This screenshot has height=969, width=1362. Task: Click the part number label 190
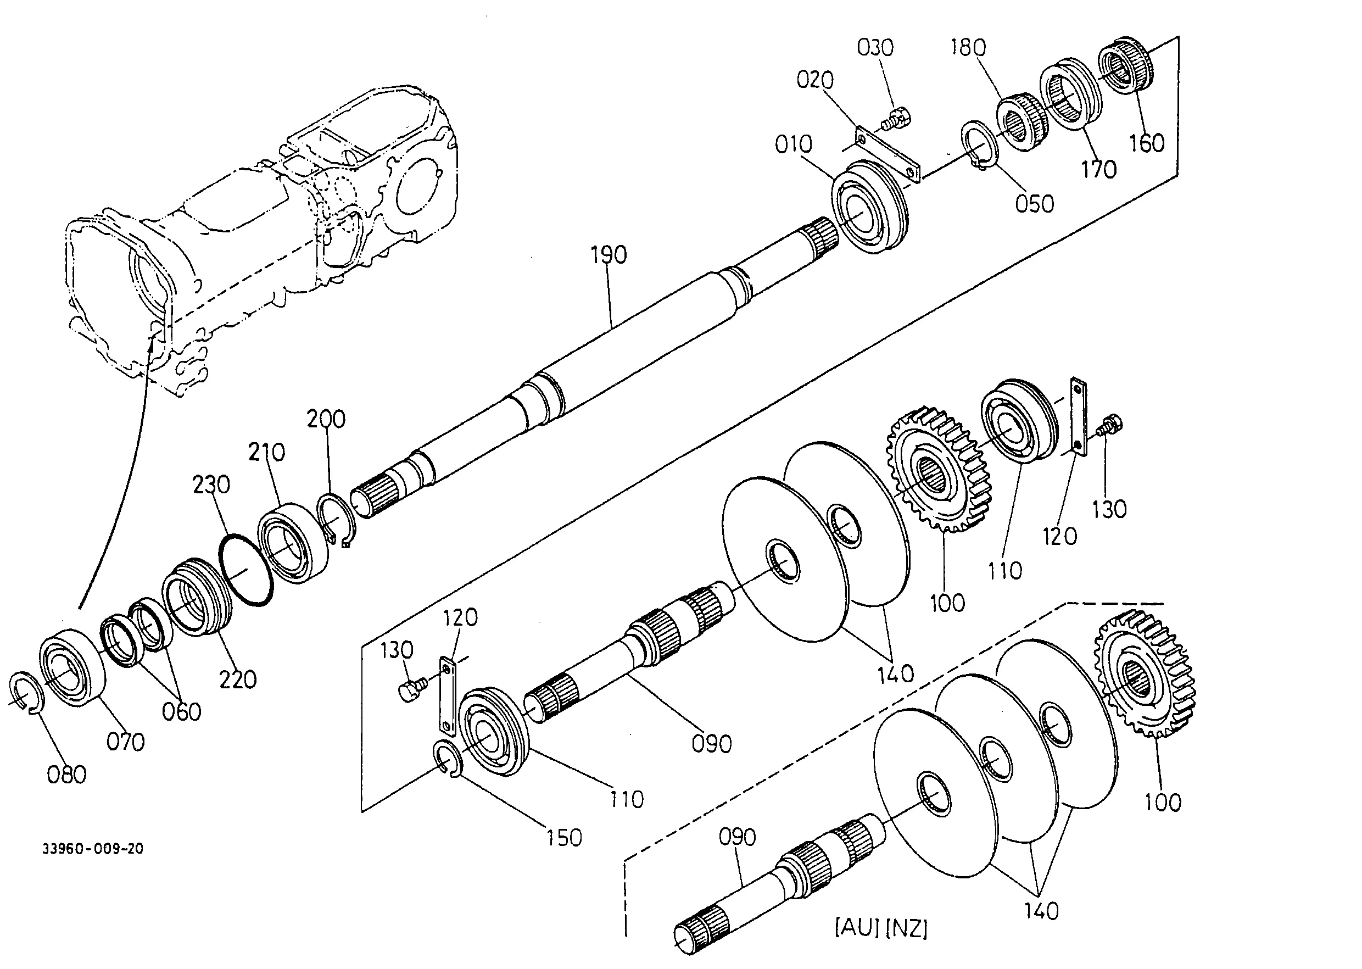click(x=609, y=255)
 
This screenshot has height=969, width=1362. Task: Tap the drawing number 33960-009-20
click(x=92, y=849)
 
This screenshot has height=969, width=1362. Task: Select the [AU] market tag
click(x=857, y=928)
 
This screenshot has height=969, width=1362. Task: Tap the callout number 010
click(x=794, y=144)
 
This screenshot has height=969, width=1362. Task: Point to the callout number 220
click(x=238, y=679)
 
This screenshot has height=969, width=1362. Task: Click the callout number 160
click(x=1147, y=143)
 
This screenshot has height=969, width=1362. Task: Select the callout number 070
click(x=126, y=742)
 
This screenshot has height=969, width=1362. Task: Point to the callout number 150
click(x=564, y=838)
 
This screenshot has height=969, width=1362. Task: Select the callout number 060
click(x=181, y=712)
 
